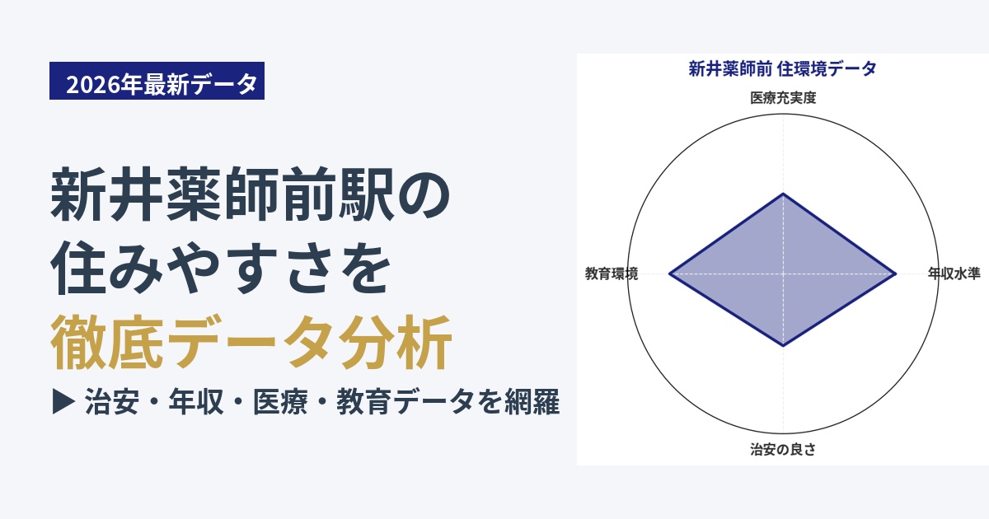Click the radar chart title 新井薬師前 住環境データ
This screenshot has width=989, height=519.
point(782,69)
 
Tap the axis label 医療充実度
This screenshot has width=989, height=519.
point(783,97)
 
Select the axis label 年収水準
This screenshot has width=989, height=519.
point(954,274)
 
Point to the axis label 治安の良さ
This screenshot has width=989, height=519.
point(783,449)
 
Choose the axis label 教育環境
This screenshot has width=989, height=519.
point(612,274)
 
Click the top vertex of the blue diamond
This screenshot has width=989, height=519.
point(783,194)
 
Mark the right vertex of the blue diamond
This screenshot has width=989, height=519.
point(896,274)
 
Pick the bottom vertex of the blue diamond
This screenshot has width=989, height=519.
point(783,346)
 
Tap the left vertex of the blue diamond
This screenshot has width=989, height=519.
point(669,274)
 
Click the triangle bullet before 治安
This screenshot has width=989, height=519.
point(63,401)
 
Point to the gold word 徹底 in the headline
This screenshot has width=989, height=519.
point(107,342)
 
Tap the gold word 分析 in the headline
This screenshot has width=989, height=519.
point(396,342)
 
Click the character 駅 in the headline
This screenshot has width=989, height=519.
point(366,194)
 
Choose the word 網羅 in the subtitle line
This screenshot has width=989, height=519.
point(532,402)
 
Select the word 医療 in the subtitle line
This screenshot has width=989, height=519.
point(280,402)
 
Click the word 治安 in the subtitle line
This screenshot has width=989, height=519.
point(112,402)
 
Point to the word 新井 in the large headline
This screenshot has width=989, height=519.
point(106,194)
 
